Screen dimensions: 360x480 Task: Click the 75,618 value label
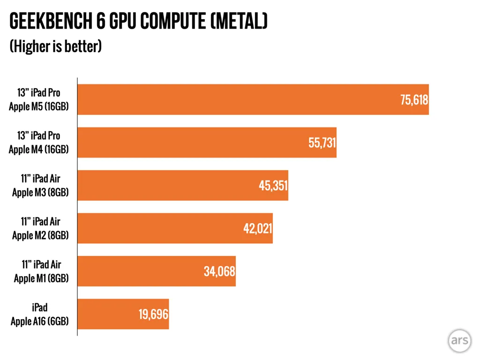414,99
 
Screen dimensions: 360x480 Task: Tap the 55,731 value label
322,142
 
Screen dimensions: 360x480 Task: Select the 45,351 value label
273,186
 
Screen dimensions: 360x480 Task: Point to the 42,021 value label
257,229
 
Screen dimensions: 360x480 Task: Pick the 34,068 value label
219,271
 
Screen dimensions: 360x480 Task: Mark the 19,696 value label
153,314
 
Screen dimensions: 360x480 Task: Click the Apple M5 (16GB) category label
39,106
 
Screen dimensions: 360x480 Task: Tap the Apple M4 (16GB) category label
39,150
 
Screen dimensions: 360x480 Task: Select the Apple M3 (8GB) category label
40,192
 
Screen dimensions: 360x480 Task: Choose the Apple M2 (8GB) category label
40,235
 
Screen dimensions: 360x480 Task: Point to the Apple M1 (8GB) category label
41,278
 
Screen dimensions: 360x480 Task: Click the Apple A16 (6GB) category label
40,321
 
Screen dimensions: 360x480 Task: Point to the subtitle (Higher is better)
56,46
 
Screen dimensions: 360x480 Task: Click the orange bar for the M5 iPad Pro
234,99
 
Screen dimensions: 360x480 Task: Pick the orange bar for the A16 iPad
108,314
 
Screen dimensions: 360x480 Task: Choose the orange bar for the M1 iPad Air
141,271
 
